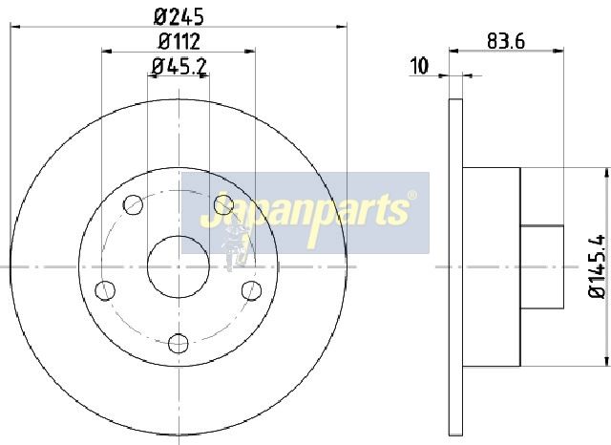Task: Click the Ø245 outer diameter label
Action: click(x=179, y=17)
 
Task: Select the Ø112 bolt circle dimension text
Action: click(x=179, y=41)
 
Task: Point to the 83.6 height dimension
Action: click(x=506, y=41)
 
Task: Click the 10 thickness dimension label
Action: click(x=420, y=66)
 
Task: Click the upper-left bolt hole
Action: click(x=134, y=204)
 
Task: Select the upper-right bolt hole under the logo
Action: click(x=223, y=204)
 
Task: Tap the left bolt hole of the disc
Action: click(x=105, y=290)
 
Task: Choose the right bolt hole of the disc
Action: click(x=251, y=290)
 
